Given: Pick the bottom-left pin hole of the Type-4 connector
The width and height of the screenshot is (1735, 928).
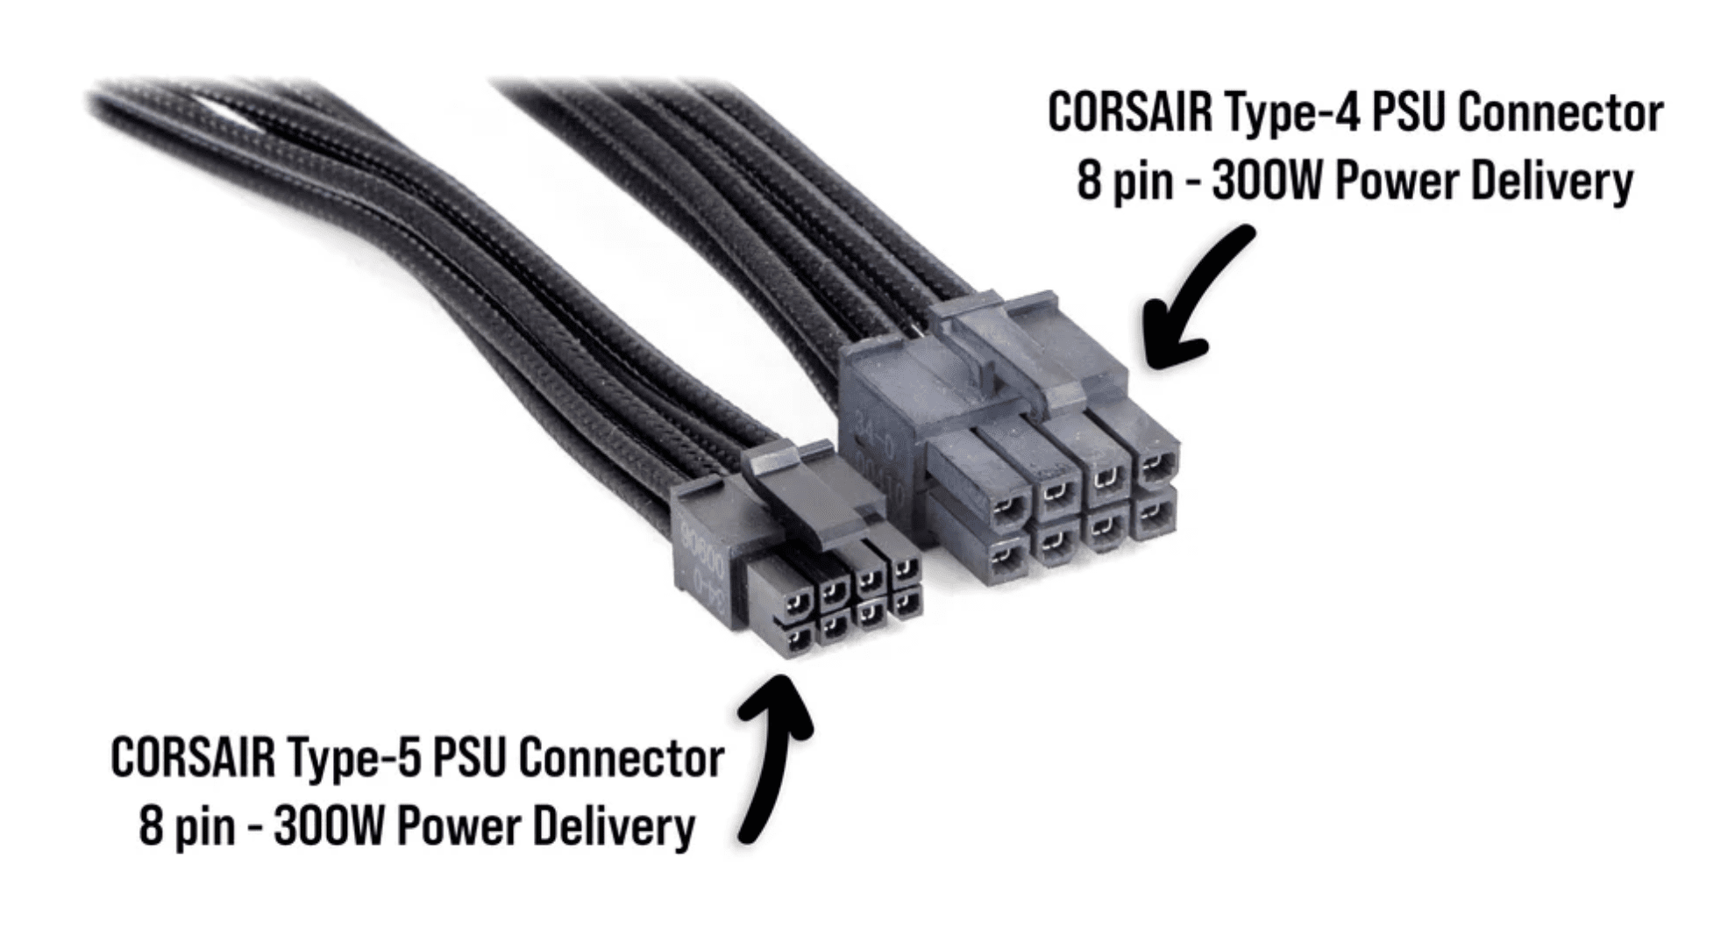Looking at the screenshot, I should click(1007, 555).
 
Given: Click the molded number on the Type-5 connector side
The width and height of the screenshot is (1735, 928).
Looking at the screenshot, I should click(701, 561).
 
